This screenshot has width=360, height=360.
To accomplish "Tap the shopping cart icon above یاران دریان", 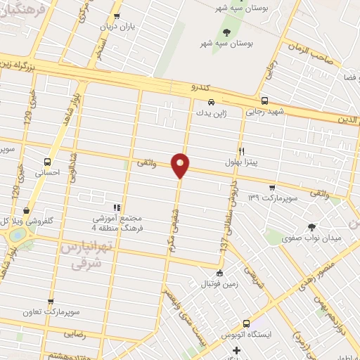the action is click(x=117, y=16).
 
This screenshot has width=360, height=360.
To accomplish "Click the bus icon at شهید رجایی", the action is click(x=264, y=101).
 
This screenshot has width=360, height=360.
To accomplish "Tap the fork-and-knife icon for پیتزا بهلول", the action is click(x=242, y=151).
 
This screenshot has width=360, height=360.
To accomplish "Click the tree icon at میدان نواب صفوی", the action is click(x=311, y=226).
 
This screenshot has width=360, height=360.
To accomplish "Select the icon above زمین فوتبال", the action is click(x=220, y=274).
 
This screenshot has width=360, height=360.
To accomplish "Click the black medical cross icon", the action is click(x=237, y=350).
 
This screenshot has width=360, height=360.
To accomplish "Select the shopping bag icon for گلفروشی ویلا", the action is click(x=26, y=210).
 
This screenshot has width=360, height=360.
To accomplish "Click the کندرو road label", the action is click(x=201, y=88).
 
